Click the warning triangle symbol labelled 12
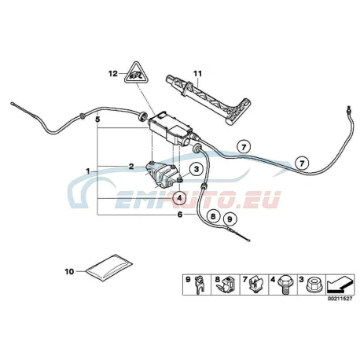tap(136, 73)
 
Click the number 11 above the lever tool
tap(198, 74)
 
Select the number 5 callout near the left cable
tap(97, 119)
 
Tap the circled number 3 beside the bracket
tap(197, 169)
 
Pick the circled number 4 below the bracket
tap(179, 198)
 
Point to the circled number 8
tap(213, 216)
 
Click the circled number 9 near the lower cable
tap(230, 219)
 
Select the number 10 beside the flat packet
tap(69, 272)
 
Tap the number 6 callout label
tap(180, 215)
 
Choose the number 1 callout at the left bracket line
tap(88, 171)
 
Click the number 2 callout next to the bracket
tap(131, 166)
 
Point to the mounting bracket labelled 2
tap(162, 174)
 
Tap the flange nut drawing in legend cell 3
tap(312, 286)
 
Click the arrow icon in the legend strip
tap(340, 285)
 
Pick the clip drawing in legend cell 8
tap(227, 286)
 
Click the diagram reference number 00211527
tap(340, 299)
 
